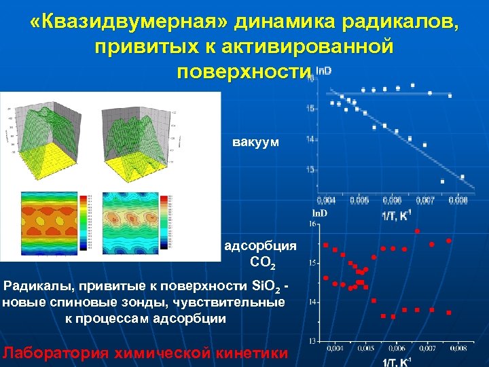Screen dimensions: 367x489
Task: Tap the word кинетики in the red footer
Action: coord(251,353)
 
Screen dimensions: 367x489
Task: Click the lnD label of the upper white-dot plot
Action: coord(323,71)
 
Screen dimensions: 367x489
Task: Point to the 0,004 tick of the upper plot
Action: coord(326,200)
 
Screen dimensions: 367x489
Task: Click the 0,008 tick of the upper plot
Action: coord(458,200)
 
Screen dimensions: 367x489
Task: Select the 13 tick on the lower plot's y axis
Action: coord(313,340)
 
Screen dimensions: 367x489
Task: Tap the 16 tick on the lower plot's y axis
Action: coord(313,224)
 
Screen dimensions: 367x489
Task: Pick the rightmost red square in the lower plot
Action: coord(449,313)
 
